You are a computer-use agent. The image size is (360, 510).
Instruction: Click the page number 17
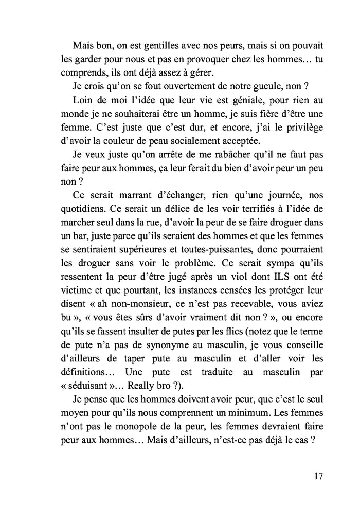(317, 476)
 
